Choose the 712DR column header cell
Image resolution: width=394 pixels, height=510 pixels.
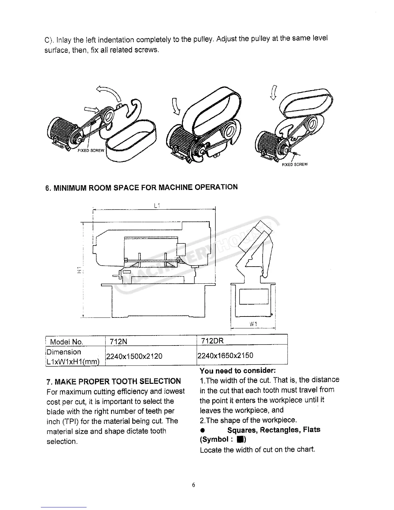click(212, 340)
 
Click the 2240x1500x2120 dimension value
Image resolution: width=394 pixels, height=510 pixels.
click(134, 356)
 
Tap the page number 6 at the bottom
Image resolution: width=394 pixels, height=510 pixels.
click(193, 485)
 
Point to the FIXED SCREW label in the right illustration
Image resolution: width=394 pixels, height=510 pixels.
click(295, 165)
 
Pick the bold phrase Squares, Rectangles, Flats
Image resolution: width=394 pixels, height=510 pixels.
click(274, 430)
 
